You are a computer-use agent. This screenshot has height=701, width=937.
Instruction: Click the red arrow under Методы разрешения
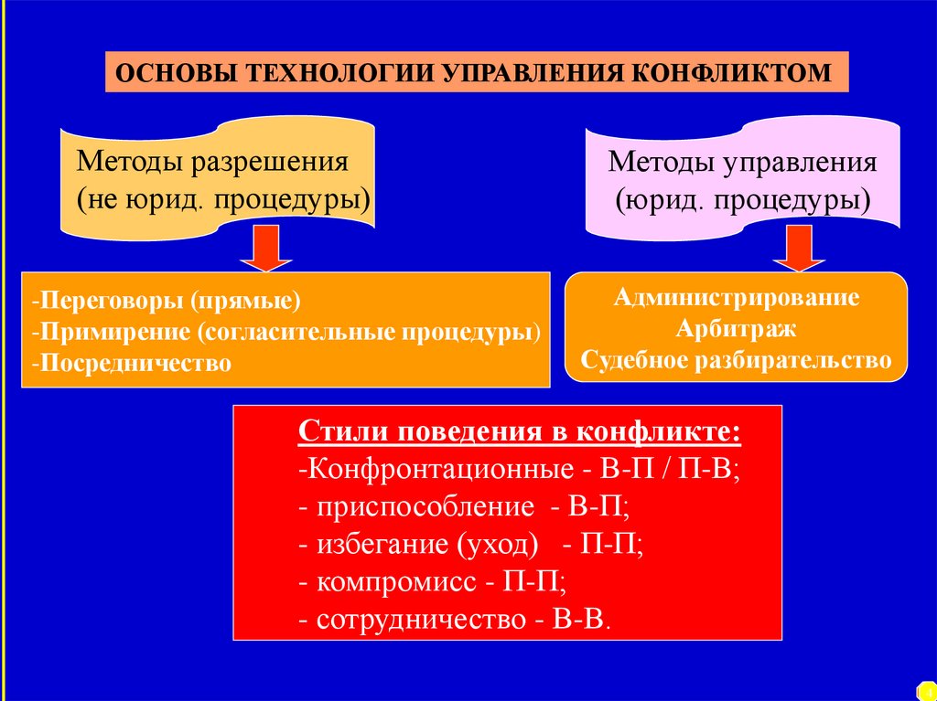(265, 249)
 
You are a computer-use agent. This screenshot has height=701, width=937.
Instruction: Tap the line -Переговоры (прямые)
(166, 301)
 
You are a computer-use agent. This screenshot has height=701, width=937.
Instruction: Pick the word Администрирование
(736, 297)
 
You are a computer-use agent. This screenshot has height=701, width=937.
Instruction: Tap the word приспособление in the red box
(425, 507)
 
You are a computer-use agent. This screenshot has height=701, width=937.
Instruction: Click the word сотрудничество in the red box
(420, 619)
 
